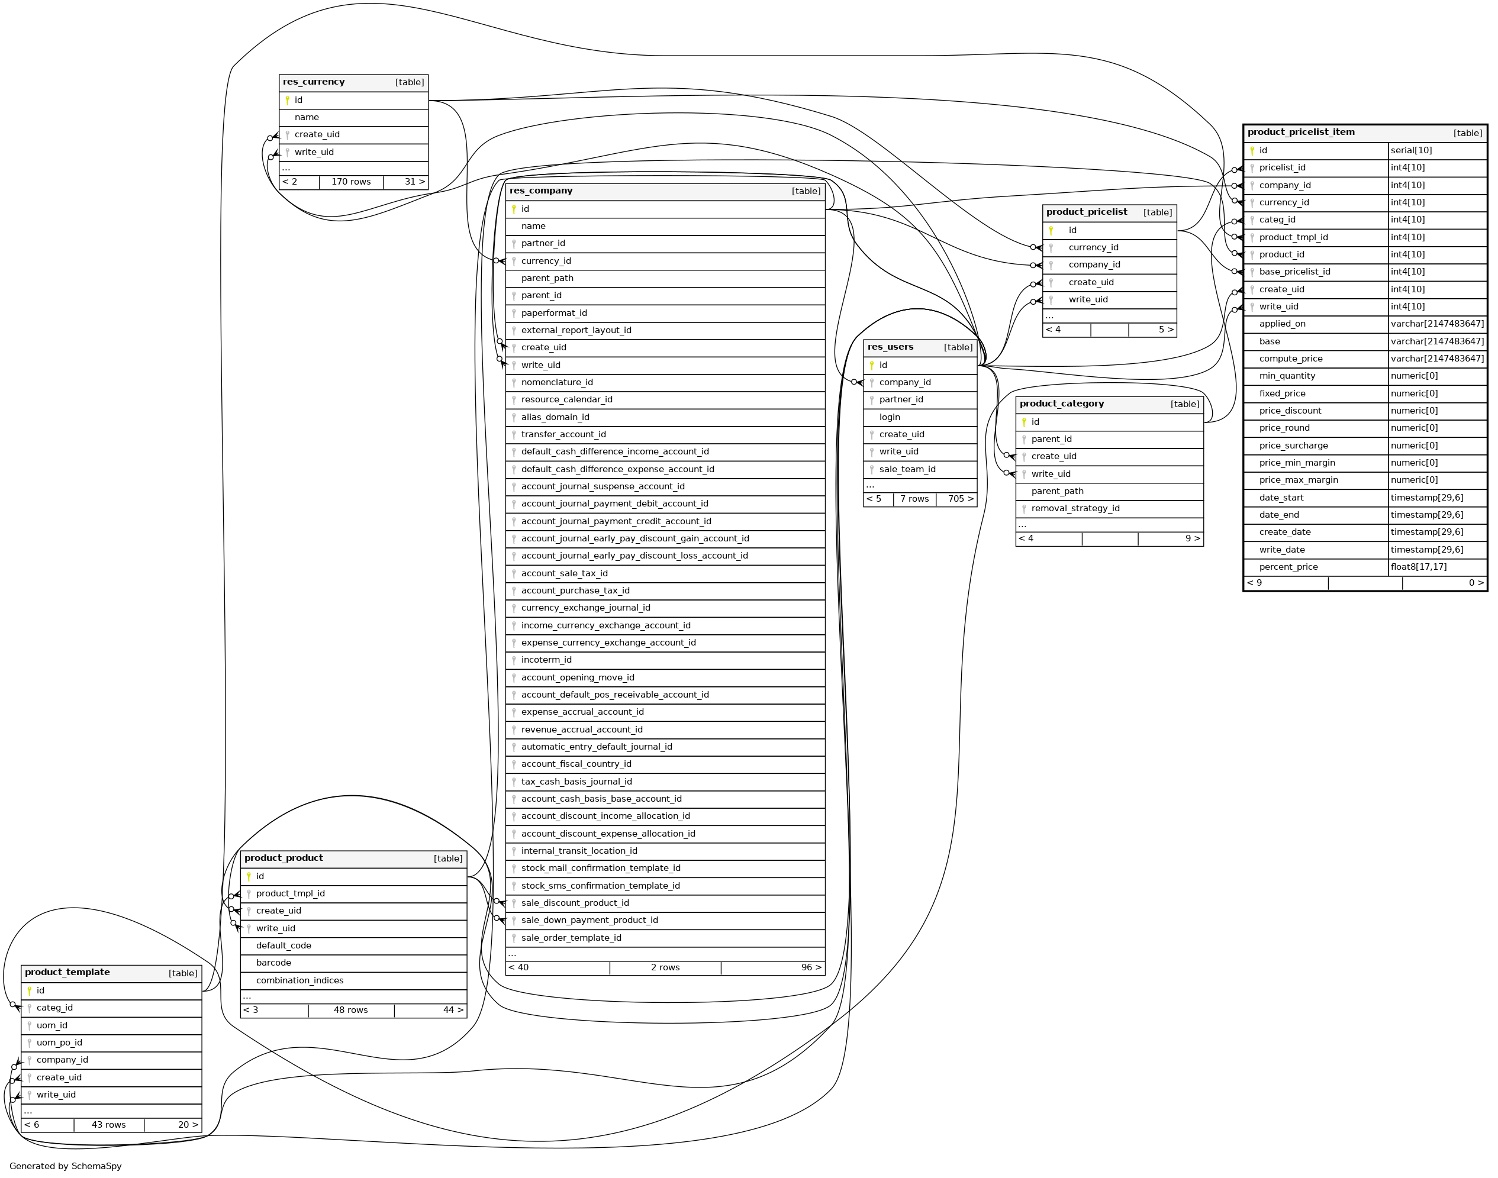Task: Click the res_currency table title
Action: [314, 82]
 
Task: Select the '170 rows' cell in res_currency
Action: [350, 182]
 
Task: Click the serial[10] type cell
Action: [1411, 150]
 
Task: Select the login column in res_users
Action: [890, 417]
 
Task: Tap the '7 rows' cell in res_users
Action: [914, 499]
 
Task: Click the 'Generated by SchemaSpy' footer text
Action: [66, 1166]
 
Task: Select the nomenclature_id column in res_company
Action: [557, 383]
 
